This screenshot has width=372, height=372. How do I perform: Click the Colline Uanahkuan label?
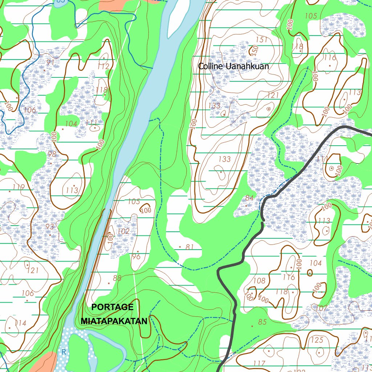pyautogui.click(x=233, y=66)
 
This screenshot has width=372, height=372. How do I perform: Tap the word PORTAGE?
pyautogui.click(x=112, y=307)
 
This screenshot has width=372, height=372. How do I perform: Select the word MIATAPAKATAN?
pyautogui.click(x=114, y=321)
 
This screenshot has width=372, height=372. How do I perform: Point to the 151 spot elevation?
pyautogui.click(x=262, y=39)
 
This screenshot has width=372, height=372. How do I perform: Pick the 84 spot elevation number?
pyautogui.click(x=249, y=198)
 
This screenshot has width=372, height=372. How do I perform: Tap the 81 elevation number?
pyautogui.click(x=189, y=247)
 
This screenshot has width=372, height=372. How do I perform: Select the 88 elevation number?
pyautogui.click(x=117, y=278)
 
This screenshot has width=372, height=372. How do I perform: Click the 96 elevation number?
pyautogui.click(x=136, y=256)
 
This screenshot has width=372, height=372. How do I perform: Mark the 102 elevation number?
pyautogui.click(x=123, y=231)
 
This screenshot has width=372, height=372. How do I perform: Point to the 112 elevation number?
pyautogui.click(x=103, y=66)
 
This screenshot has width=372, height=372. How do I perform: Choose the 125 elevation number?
pyautogui.click(x=317, y=340)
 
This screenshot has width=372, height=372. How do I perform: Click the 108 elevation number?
pyautogui.click(x=259, y=280)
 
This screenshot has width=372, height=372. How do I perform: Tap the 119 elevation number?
pyautogui.click(x=18, y=187)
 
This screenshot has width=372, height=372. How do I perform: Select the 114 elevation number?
pyautogui.click(x=20, y=323)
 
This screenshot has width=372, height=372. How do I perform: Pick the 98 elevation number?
pyautogui.click(x=52, y=154)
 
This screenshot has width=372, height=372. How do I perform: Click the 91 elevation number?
pyautogui.click(x=50, y=62)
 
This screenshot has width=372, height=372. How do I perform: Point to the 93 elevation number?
pyautogui.click(x=50, y=226)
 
